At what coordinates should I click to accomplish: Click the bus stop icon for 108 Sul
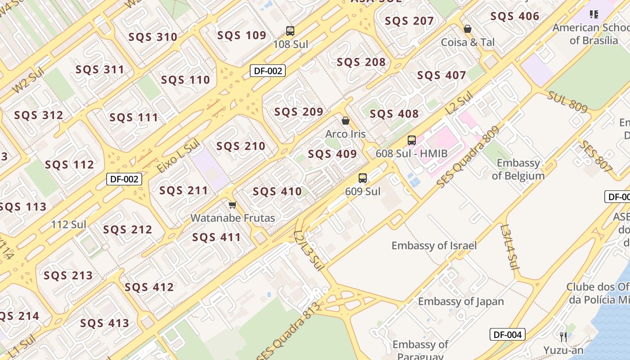click(x=290, y=31)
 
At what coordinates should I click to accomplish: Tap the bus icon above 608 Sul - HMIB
click(x=411, y=140)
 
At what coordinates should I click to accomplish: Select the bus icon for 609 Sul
click(x=363, y=178)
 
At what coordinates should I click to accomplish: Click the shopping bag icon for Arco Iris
click(x=346, y=121)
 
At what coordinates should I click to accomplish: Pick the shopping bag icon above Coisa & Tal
click(x=468, y=29)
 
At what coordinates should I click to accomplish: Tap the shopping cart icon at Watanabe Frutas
click(x=232, y=205)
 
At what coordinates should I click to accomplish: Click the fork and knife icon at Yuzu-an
click(x=563, y=337)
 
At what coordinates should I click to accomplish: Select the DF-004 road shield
click(x=507, y=334)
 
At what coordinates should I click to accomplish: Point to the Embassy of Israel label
click(x=434, y=246)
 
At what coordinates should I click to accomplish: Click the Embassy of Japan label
click(x=461, y=301)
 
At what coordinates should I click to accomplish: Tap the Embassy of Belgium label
click(x=518, y=169)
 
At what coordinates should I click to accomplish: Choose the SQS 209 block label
click(x=299, y=112)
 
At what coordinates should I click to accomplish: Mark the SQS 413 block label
click(x=104, y=323)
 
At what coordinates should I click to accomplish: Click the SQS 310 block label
click(x=153, y=37)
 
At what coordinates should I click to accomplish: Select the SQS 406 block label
click(x=514, y=17)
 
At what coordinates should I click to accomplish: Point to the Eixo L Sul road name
click(x=178, y=156)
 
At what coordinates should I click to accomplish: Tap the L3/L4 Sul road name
click(x=509, y=247)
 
